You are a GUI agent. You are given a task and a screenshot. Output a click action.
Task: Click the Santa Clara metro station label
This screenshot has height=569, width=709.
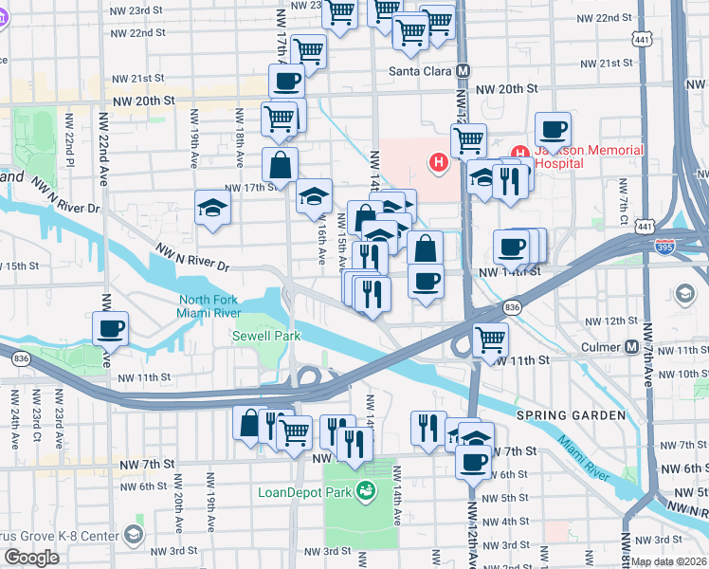(x=420, y=71)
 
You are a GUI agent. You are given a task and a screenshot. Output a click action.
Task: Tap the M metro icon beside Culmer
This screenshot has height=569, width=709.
(x=631, y=347)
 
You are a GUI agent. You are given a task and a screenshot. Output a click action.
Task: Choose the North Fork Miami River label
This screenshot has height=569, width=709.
(x=216, y=310)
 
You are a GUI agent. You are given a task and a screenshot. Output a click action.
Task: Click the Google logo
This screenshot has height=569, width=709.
(x=31, y=558)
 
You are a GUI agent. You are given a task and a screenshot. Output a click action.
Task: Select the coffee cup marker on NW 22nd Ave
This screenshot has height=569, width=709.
(x=110, y=328)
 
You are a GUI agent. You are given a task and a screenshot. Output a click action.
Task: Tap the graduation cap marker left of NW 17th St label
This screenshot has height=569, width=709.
(x=213, y=207)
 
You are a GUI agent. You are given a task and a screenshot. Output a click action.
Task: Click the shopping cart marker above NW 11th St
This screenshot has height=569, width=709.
(x=489, y=339)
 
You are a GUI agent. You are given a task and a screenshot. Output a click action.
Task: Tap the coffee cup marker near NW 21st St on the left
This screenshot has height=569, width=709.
(x=288, y=81)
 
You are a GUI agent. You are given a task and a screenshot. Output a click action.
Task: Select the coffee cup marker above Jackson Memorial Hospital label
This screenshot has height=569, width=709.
(x=552, y=129)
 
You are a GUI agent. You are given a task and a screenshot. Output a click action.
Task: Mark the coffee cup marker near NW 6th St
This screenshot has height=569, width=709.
(x=473, y=462)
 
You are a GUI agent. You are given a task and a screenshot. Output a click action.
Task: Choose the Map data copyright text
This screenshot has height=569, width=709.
(x=669, y=560)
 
